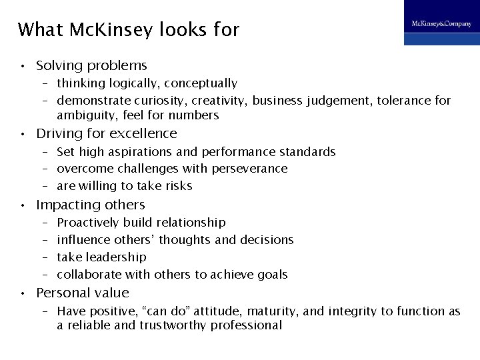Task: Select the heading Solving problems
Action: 91,66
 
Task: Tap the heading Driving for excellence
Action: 107,134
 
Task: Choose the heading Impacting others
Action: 90,205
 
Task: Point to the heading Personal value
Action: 83,293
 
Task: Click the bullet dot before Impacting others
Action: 23,205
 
